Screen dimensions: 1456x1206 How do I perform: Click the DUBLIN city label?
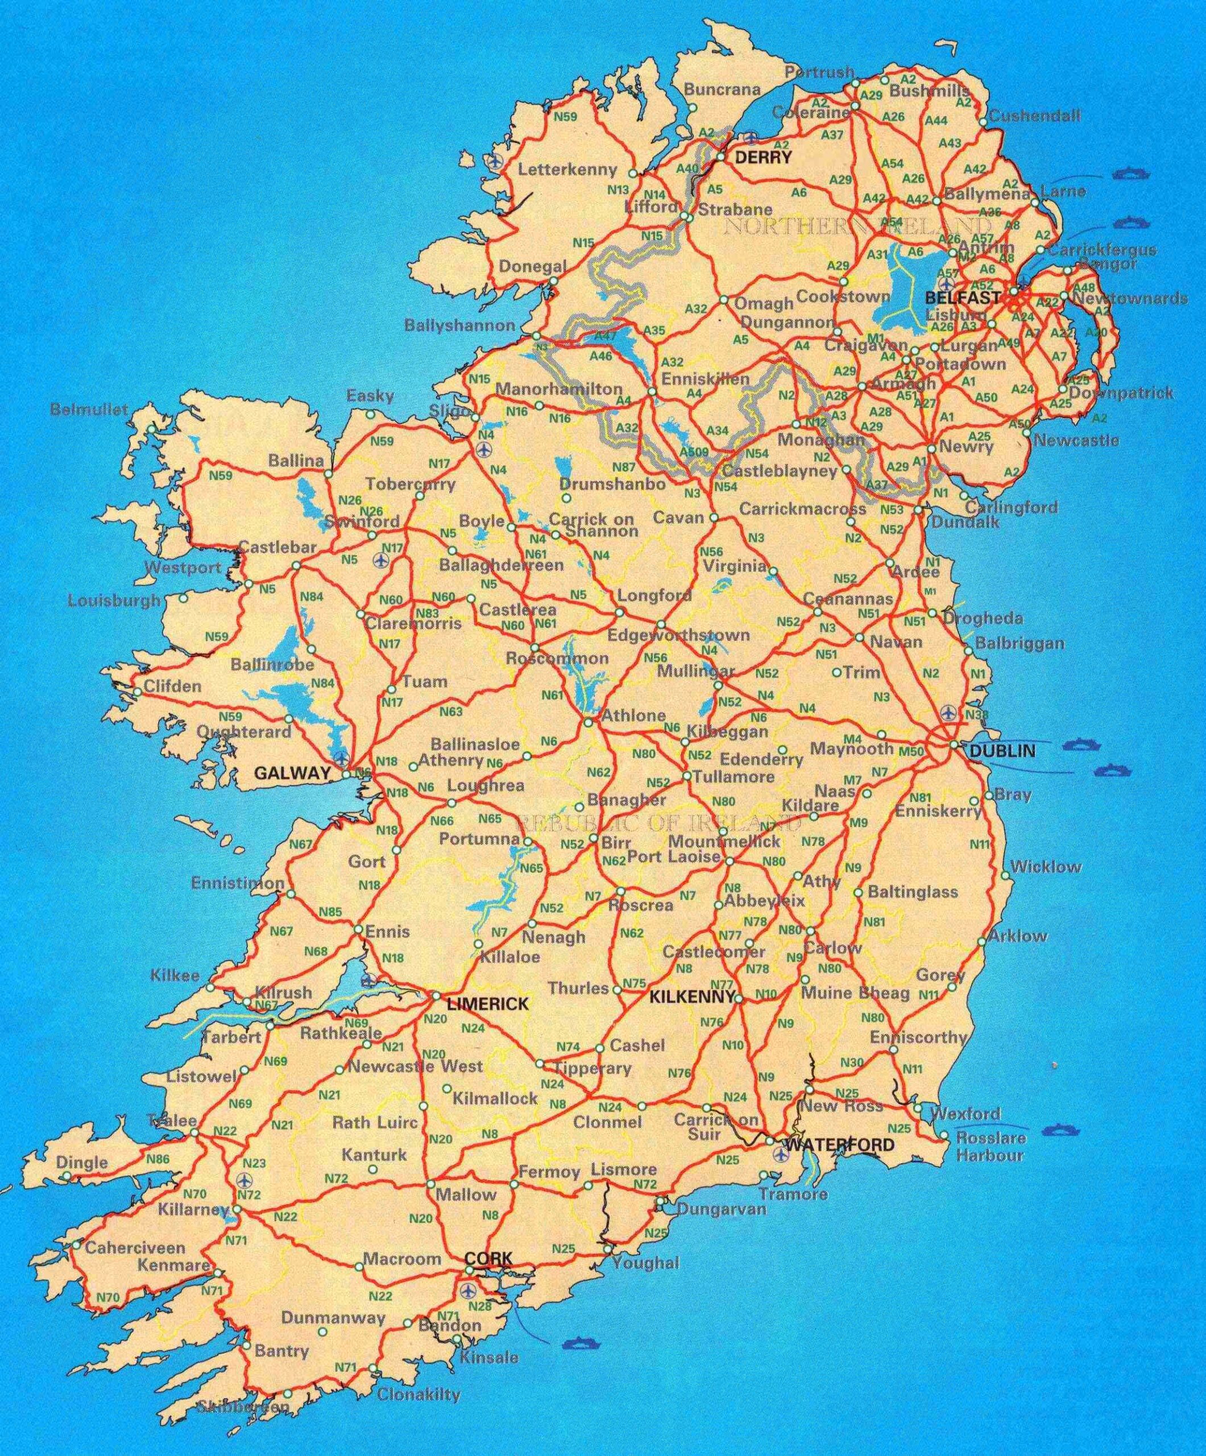(1002, 751)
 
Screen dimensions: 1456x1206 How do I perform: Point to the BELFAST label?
(963, 298)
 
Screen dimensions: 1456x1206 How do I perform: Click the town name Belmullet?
(89, 409)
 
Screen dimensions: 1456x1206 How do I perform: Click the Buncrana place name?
(722, 89)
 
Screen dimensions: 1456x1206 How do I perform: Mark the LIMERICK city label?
(488, 1003)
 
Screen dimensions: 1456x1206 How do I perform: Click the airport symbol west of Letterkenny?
(494, 161)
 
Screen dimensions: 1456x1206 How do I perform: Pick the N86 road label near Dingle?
(158, 1158)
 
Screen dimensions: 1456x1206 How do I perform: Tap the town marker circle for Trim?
(836, 672)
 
